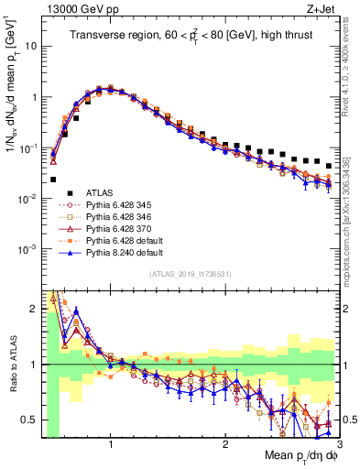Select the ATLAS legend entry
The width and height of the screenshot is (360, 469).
click(x=102, y=191)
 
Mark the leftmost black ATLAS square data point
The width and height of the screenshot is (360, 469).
click(x=53, y=180)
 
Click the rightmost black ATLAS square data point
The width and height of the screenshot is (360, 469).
click(x=328, y=166)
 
